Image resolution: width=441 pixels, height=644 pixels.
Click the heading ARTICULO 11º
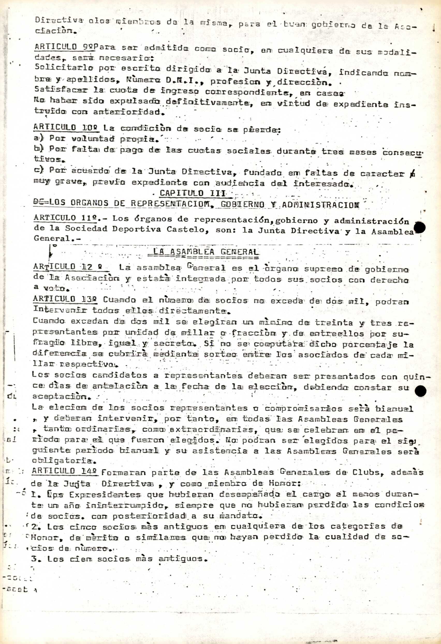click(66, 218)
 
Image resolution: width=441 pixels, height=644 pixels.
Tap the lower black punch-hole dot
click(421, 391)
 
